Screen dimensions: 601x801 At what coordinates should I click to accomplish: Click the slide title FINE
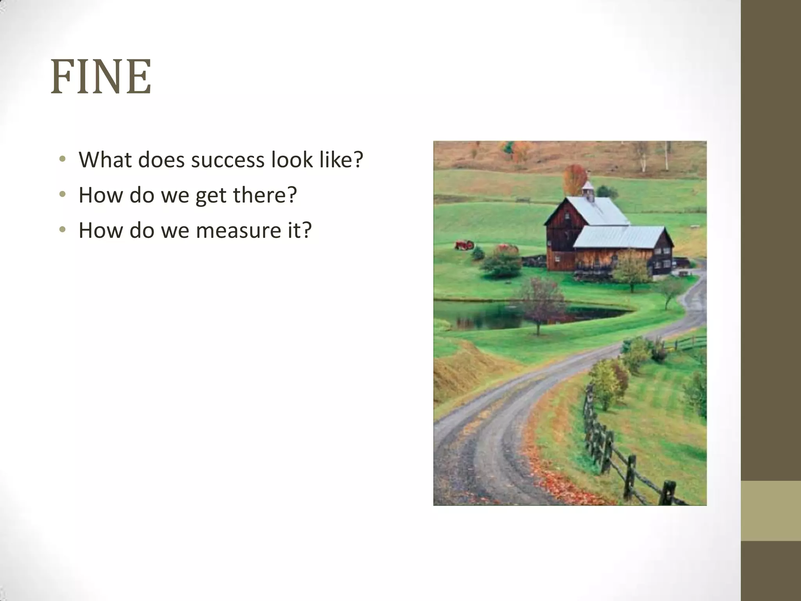(x=101, y=77)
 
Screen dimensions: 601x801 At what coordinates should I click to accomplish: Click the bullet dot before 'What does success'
(x=62, y=160)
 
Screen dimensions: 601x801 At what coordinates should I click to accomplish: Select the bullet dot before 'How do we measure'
(x=62, y=230)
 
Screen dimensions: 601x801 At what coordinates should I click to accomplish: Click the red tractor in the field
(x=464, y=245)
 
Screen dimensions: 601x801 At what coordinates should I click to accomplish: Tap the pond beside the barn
(x=489, y=315)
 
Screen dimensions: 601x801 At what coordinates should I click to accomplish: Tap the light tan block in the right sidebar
(x=771, y=511)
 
